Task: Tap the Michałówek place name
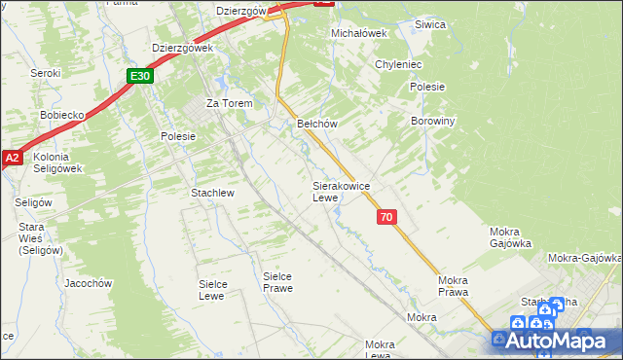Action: click(359, 32)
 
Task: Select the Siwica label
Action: click(429, 24)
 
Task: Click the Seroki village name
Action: click(45, 73)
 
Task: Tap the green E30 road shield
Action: click(139, 75)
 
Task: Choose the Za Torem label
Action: click(229, 103)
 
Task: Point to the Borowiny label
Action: click(433, 122)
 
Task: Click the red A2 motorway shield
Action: click(11, 158)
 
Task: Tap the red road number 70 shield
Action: click(387, 218)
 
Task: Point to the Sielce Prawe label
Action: click(277, 282)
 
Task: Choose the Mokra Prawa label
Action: click(454, 285)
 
